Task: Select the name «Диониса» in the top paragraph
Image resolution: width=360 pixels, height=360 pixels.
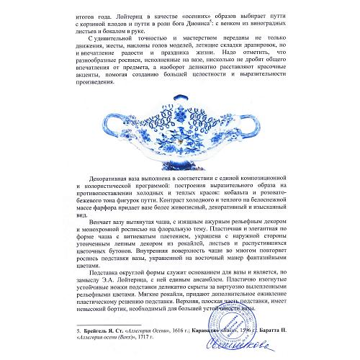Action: click(x=204, y=22)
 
